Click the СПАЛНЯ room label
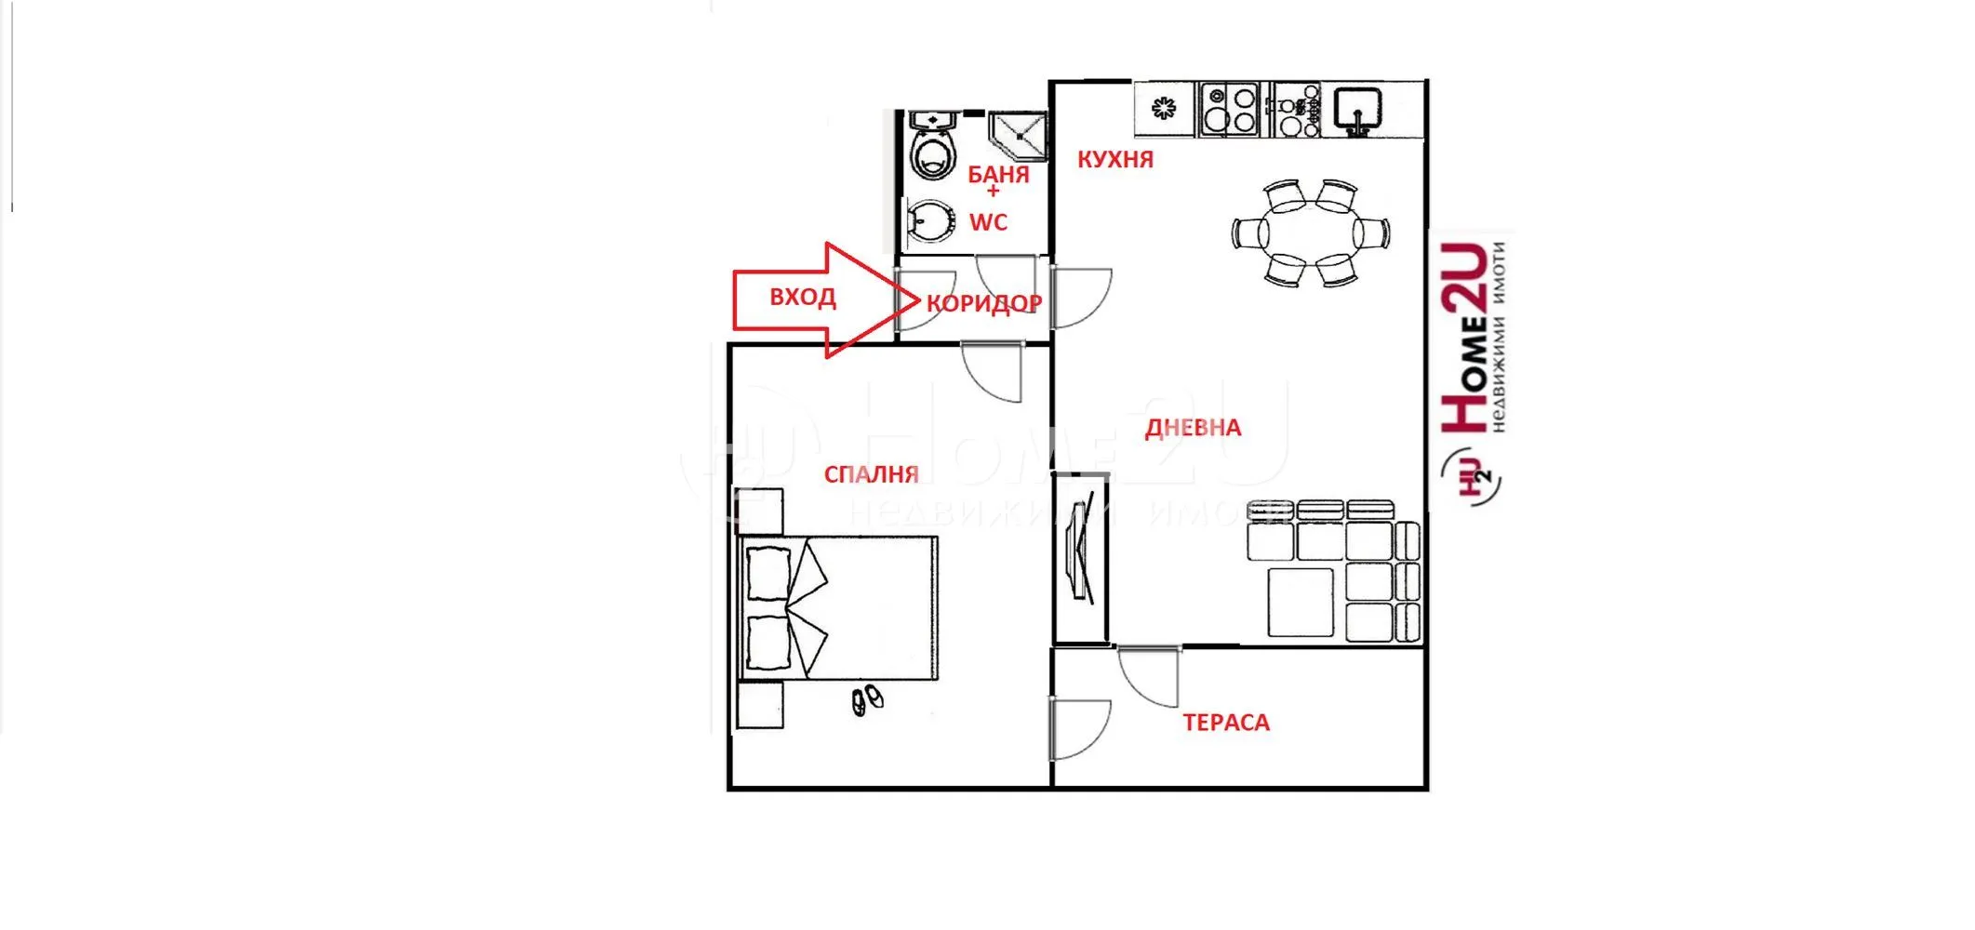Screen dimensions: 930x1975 coord(871,474)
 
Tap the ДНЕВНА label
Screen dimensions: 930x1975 coord(1193,428)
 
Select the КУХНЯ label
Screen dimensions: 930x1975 coord(1114,160)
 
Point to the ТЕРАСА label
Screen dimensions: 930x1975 coord(1225,723)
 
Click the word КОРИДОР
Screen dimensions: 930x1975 coord(983,303)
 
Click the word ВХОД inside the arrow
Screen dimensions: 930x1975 coord(802,298)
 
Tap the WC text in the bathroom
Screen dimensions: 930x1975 coord(988,223)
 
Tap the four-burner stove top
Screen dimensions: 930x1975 coord(1228,108)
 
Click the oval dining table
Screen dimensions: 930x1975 coord(1310,232)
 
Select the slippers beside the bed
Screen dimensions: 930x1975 coord(867,700)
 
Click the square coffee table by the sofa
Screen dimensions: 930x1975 coord(1300,603)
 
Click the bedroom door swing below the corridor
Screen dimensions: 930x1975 coord(994,372)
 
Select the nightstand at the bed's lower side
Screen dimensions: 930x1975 coord(760,705)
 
